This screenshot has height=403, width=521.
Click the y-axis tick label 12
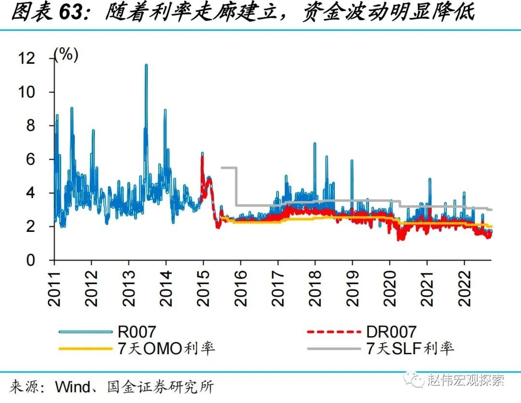(27, 58)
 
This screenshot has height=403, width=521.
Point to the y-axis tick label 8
(31, 126)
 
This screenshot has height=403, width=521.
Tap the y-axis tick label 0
(31, 260)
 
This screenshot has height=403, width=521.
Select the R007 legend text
(137, 332)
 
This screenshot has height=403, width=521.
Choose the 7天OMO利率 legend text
(166, 348)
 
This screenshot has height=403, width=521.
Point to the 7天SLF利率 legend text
(410, 348)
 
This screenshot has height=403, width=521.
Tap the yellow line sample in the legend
(84, 348)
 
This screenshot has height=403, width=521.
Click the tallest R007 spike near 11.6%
(146, 65)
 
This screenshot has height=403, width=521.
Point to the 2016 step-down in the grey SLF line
(237, 186)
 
